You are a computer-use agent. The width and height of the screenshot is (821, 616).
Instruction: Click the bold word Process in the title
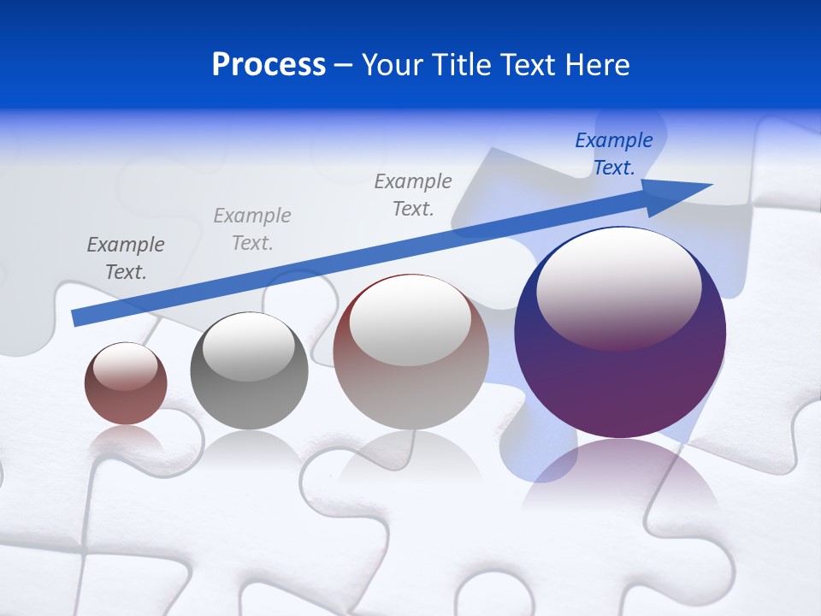269,65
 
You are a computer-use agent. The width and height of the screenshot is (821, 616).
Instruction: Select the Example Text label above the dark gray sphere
252,229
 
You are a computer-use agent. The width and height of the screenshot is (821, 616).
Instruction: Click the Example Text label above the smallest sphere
126,258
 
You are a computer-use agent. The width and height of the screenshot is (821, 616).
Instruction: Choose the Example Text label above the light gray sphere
413,194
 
